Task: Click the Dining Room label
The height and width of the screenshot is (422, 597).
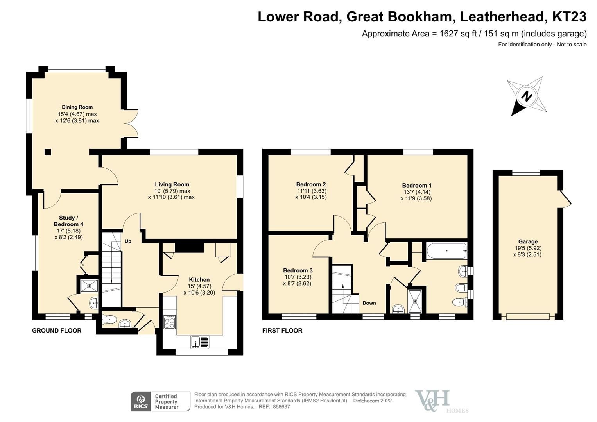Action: point(77,107)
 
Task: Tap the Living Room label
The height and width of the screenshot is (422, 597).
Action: point(172,184)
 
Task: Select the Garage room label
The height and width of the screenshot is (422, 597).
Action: point(528,241)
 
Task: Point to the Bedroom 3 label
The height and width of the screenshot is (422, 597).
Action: point(298,270)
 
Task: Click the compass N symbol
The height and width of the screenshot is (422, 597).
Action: point(527,96)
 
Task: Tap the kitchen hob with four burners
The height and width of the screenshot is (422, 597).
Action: point(170,322)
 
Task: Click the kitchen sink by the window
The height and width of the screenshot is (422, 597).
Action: point(200,342)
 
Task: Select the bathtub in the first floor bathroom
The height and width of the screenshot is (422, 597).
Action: point(446,251)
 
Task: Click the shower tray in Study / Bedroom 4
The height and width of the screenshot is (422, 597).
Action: point(89,286)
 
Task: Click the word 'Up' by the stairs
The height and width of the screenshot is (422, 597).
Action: point(128,241)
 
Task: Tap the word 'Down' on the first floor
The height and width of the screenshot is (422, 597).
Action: point(369,303)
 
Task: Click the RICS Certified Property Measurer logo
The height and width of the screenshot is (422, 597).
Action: point(160,401)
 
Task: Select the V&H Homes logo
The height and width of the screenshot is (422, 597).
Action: point(438,401)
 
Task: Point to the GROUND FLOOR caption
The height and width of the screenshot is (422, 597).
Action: point(57,331)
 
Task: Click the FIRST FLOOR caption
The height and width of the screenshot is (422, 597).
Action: point(282,331)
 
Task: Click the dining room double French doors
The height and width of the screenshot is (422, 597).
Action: point(132,123)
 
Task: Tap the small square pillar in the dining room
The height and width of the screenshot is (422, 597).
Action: point(48,152)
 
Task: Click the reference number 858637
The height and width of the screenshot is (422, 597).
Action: point(281,407)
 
